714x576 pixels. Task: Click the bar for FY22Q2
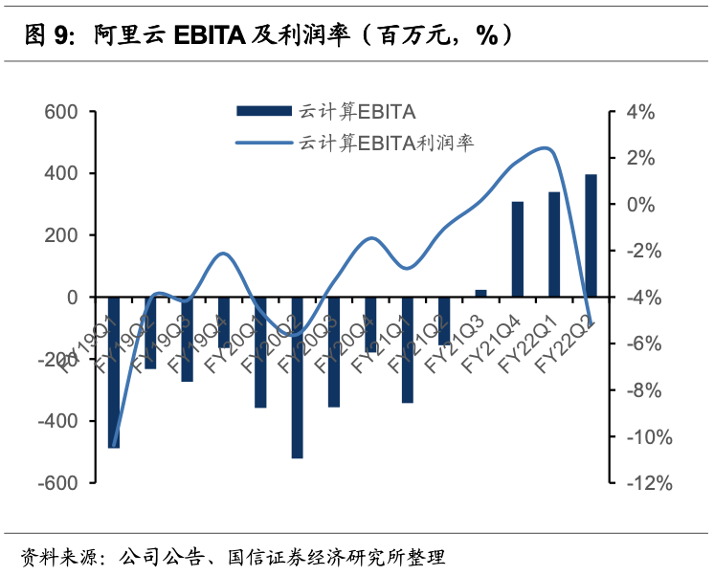tap(591, 235)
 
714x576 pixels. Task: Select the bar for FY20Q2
tap(297, 377)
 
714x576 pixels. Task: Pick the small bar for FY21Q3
tap(480, 293)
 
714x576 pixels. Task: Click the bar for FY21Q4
tap(518, 249)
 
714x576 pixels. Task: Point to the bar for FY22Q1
tap(554, 244)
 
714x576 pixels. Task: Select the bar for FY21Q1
tap(408, 349)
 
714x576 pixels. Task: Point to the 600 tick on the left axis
tap(60, 112)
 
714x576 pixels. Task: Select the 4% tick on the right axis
tap(640, 112)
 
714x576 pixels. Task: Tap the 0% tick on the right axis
tap(640, 205)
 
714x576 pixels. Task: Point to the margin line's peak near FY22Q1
tap(546, 147)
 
